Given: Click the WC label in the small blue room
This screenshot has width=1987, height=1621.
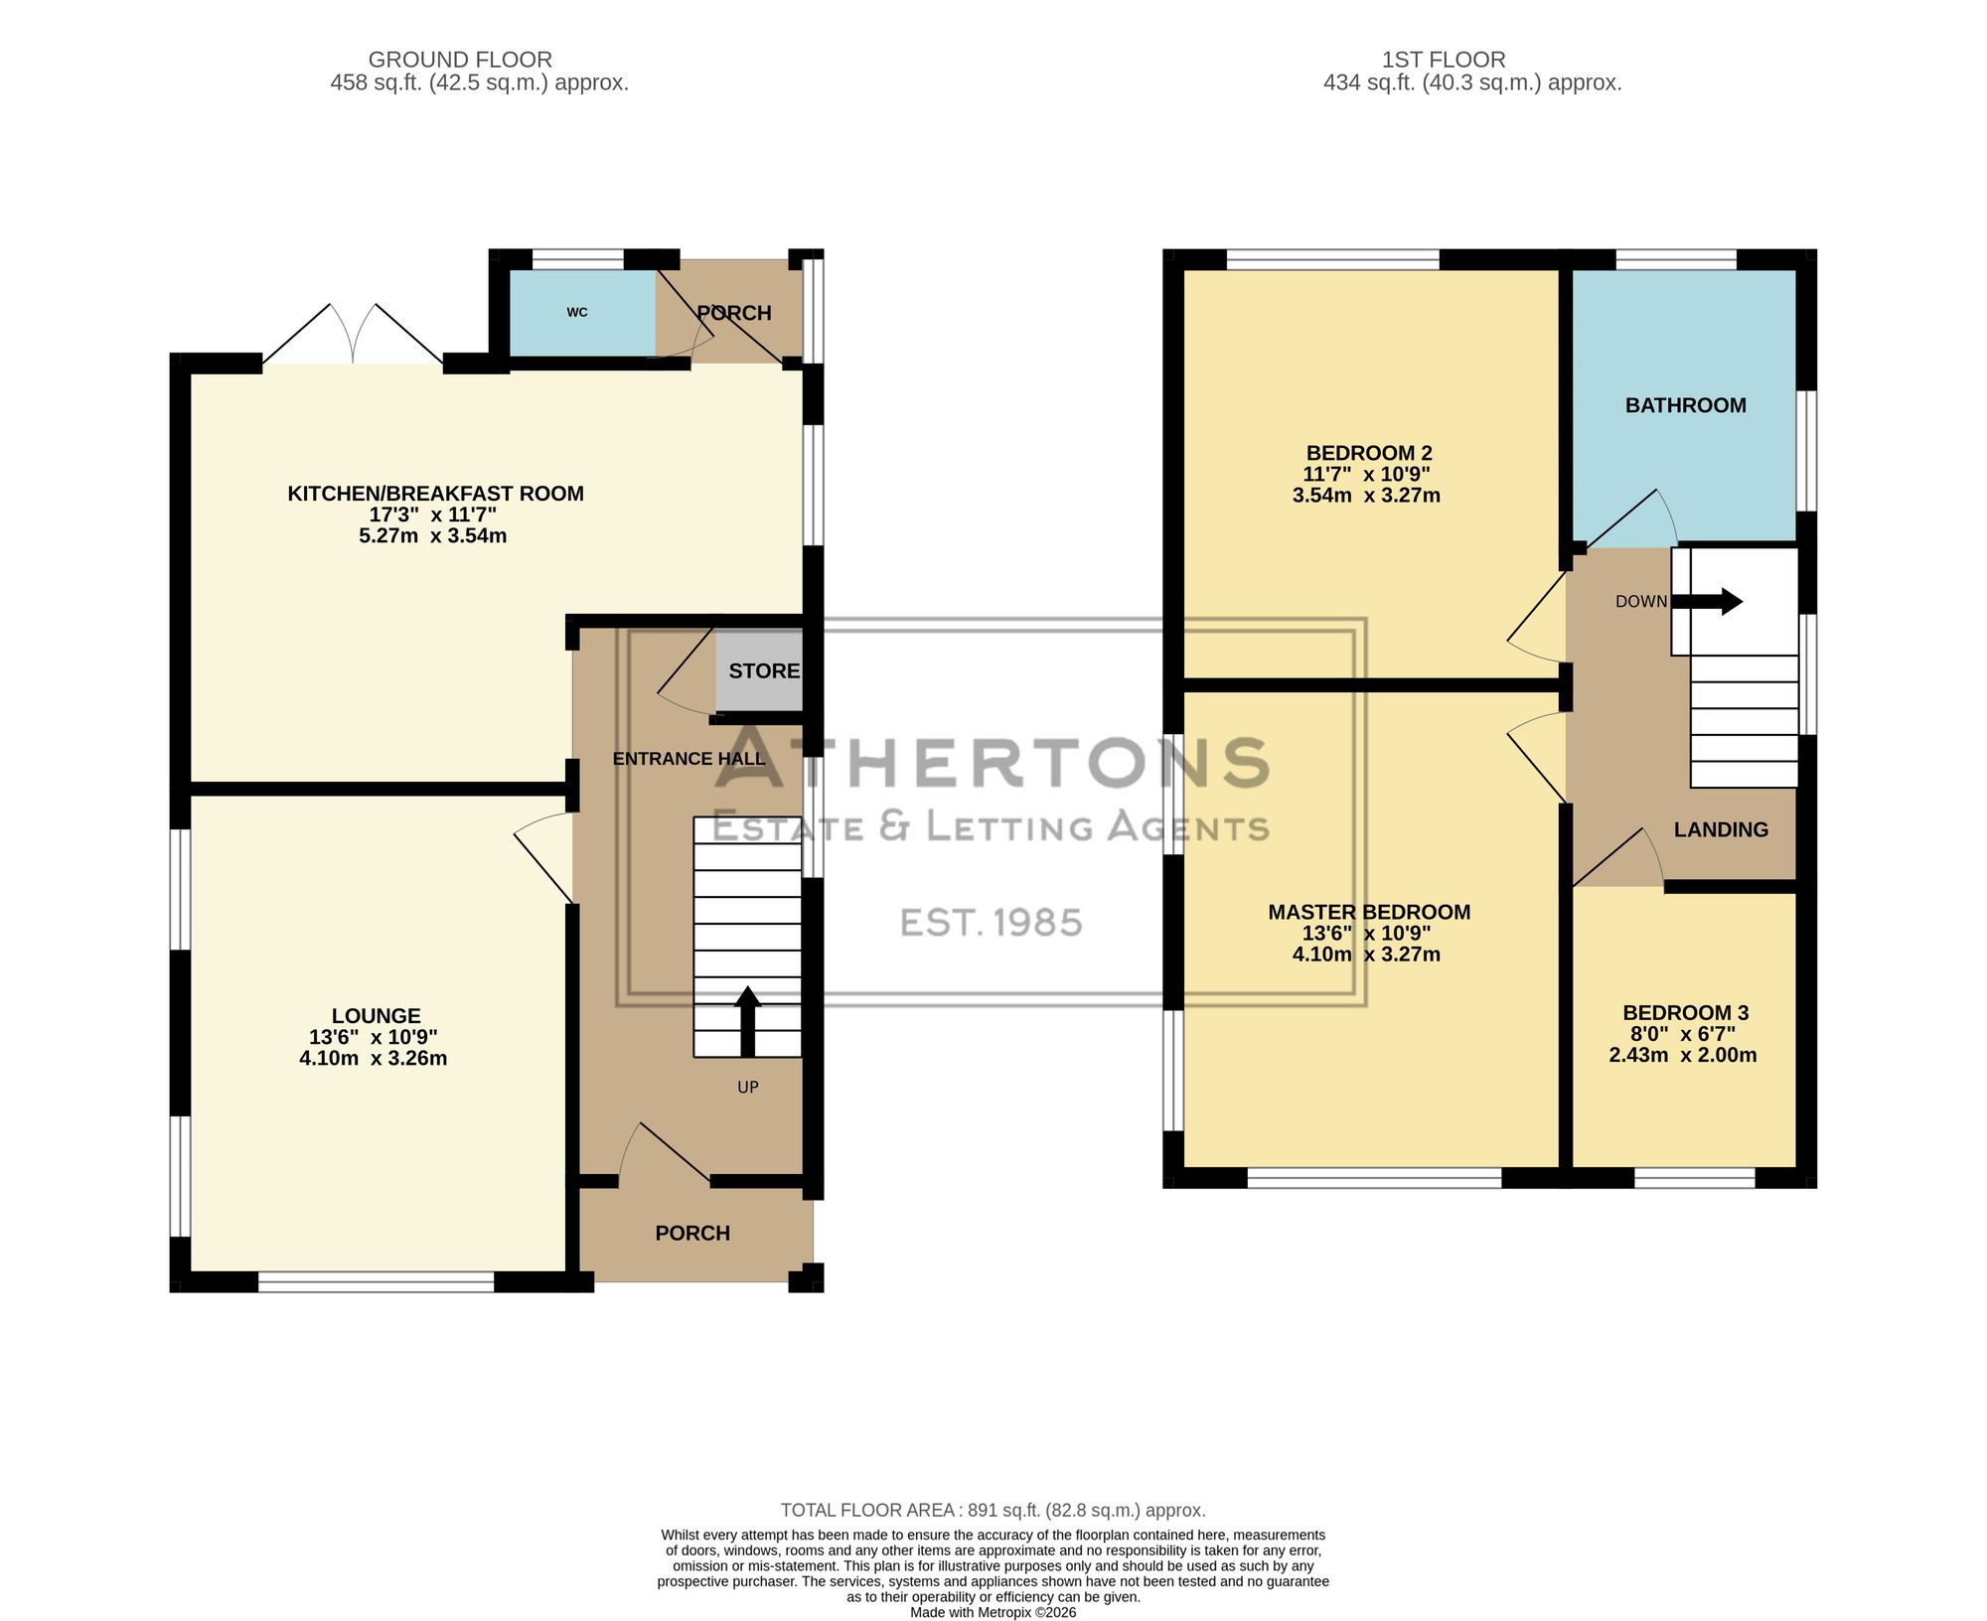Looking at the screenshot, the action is tap(577, 312).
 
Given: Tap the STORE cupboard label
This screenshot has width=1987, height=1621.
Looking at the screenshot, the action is tap(764, 670).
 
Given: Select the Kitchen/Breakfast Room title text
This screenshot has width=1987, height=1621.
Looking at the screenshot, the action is tap(435, 494).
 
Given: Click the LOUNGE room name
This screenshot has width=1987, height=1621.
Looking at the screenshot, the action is tap(377, 1016).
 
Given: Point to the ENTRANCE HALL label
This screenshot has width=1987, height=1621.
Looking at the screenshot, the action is tap(689, 759).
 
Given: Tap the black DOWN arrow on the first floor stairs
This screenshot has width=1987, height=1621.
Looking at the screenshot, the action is tap(1707, 601).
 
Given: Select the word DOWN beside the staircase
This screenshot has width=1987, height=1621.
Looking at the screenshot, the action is tap(1641, 602).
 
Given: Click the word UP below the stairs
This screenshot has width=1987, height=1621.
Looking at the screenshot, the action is tap(748, 1088).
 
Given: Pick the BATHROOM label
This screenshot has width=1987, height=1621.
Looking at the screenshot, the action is tap(1686, 405).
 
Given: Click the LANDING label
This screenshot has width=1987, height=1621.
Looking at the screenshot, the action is tap(1722, 830).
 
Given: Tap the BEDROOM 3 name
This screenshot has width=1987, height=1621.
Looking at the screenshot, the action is tap(1686, 1013).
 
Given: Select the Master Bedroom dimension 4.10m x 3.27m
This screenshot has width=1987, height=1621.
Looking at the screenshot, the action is tap(1366, 955).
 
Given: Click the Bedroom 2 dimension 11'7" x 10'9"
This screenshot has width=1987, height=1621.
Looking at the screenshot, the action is tap(1366, 475).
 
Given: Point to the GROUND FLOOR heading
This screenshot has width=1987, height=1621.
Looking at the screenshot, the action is tap(460, 61).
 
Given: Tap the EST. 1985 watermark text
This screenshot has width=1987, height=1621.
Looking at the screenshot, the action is tap(992, 923).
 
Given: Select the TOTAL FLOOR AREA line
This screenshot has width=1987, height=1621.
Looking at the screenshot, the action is tap(993, 1510).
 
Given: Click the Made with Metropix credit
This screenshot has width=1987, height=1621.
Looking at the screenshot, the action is tap(993, 1613).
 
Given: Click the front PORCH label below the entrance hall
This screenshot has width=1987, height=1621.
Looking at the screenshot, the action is tap(692, 1234).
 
